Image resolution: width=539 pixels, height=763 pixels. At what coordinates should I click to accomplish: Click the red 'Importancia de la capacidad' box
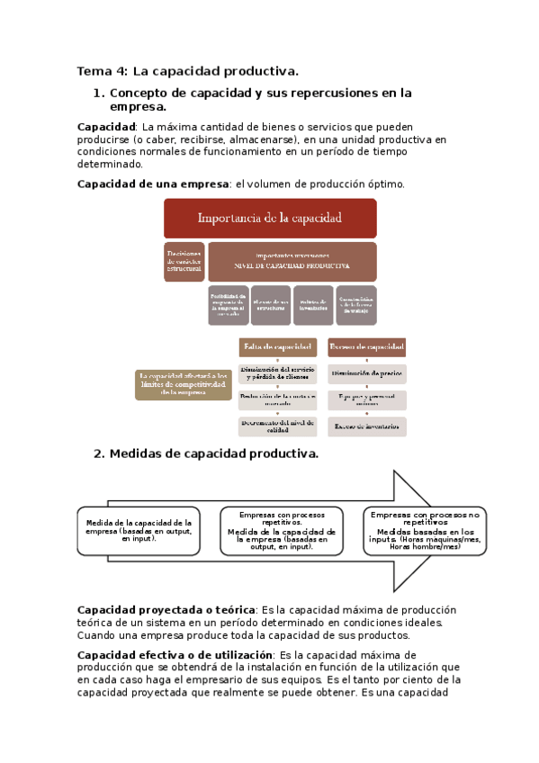click(269, 219)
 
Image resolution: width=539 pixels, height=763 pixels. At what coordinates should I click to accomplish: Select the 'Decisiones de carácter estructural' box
click(184, 261)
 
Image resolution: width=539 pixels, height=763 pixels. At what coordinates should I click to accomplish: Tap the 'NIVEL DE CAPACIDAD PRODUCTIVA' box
click(292, 261)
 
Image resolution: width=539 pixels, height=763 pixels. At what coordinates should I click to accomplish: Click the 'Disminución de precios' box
click(366, 373)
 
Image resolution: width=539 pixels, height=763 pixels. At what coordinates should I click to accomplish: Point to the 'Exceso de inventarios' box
click(366, 426)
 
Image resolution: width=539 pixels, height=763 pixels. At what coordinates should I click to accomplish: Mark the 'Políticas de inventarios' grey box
click(313, 305)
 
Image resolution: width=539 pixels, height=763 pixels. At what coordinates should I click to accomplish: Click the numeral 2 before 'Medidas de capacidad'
click(98, 453)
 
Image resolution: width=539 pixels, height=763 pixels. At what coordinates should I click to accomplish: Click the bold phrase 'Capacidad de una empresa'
click(153, 184)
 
